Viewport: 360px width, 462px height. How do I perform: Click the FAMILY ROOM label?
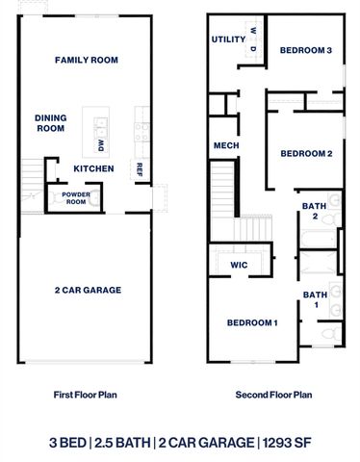86,61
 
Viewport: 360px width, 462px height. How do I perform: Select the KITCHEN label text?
94,168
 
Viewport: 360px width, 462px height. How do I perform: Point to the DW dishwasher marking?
100,145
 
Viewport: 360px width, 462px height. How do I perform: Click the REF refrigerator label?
140,168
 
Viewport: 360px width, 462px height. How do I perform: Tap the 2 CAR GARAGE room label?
86,290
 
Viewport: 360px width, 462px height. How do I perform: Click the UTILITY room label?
229,39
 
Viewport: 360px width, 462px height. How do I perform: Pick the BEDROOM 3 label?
306,51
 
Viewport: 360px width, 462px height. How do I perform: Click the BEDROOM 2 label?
306,153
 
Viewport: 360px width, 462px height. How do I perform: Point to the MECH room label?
226,145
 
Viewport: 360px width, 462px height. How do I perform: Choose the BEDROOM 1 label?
252,322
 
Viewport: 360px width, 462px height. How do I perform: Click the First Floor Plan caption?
84,395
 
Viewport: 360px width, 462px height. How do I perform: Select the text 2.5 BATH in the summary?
124,442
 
